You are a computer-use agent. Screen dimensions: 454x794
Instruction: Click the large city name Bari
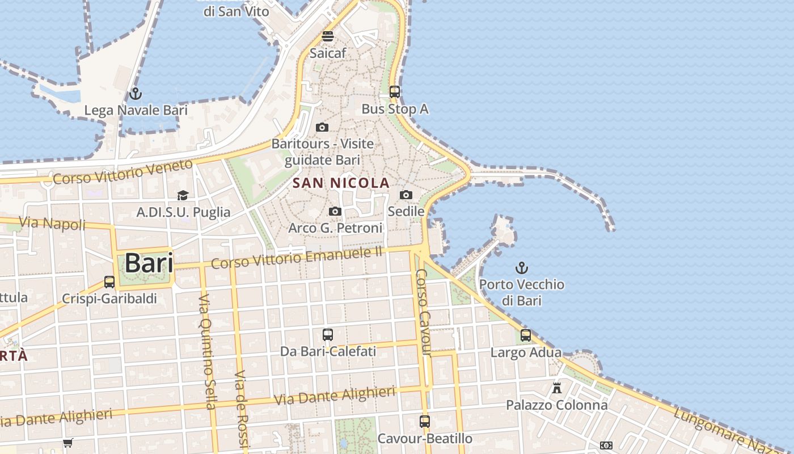click(x=149, y=263)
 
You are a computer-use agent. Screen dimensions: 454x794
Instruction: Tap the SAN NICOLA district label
click(x=341, y=183)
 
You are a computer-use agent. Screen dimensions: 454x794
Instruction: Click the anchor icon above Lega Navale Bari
click(x=135, y=94)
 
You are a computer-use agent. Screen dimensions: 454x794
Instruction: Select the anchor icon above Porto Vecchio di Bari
click(x=521, y=267)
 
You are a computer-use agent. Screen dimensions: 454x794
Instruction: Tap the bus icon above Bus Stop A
click(x=394, y=92)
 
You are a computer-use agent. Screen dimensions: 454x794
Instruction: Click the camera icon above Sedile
click(x=406, y=195)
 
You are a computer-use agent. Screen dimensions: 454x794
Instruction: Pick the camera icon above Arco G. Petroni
click(x=335, y=212)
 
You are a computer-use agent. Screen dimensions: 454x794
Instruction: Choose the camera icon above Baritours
click(x=322, y=127)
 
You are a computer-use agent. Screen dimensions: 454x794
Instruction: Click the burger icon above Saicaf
click(x=328, y=37)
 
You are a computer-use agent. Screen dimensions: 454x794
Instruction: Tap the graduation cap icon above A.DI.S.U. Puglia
click(x=183, y=196)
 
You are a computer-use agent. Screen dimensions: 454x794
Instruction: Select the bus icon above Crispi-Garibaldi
click(x=109, y=282)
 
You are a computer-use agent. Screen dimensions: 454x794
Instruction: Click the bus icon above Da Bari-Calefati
click(x=328, y=335)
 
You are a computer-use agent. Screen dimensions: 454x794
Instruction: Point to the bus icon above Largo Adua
click(x=526, y=335)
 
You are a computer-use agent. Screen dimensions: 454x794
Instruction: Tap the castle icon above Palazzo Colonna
click(x=557, y=389)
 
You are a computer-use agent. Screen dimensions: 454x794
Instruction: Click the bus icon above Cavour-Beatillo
click(x=425, y=422)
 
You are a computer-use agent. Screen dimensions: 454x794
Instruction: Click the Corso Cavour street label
click(x=424, y=312)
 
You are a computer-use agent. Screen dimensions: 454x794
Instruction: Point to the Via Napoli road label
click(x=52, y=224)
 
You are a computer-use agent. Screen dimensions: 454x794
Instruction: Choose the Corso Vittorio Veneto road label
click(x=123, y=172)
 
